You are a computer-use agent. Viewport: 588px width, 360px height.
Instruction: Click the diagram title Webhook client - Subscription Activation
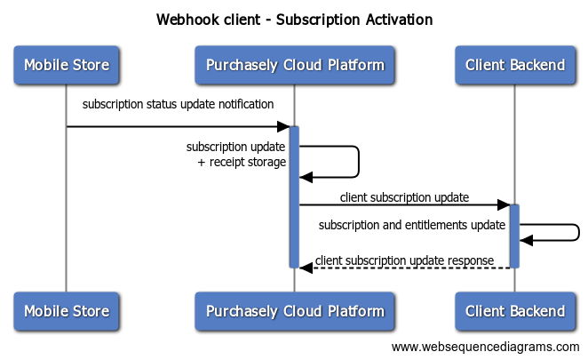point(294,20)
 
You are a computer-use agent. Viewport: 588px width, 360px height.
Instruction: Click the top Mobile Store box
point(67,65)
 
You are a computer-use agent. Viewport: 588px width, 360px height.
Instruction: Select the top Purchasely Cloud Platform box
point(295,65)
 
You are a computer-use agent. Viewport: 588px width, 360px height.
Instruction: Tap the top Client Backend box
point(515,65)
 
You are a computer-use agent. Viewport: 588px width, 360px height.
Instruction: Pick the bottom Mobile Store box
point(67,311)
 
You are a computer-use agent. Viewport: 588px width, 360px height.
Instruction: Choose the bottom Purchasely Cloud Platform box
point(295,311)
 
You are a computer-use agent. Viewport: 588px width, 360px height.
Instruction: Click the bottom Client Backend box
point(515,311)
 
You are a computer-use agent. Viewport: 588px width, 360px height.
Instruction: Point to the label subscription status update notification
point(178,104)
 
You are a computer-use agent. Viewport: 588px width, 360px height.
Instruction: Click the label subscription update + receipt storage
point(236,155)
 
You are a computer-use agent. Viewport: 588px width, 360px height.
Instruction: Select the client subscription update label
point(404,197)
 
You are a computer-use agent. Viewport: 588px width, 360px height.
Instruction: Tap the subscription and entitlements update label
point(412,225)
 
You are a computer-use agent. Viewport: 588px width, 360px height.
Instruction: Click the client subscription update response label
point(404,260)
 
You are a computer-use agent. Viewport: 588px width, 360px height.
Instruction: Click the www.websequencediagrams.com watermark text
point(485,347)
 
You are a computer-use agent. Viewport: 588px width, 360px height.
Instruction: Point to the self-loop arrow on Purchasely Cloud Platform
point(359,162)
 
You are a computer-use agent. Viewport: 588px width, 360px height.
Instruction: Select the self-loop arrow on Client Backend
point(579,233)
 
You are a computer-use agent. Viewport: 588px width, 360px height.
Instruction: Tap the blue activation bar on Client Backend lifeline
point(514,236)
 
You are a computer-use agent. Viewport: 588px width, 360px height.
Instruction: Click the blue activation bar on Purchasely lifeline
point(294,197)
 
